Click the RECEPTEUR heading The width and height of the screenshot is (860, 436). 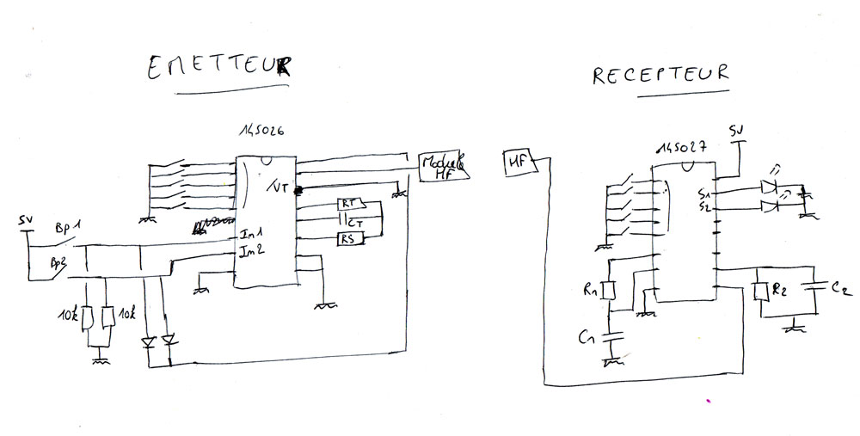[660, 75]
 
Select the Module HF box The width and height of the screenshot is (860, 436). [443, 166]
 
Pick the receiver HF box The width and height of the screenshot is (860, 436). [518, 159]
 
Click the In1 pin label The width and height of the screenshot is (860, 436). [250, 233]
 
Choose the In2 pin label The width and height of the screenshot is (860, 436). [250, 250]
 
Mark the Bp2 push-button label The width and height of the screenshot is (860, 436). [58, 262]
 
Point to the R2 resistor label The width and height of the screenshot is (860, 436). [779, 290]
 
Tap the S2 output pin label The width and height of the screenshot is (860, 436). [704, 206]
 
